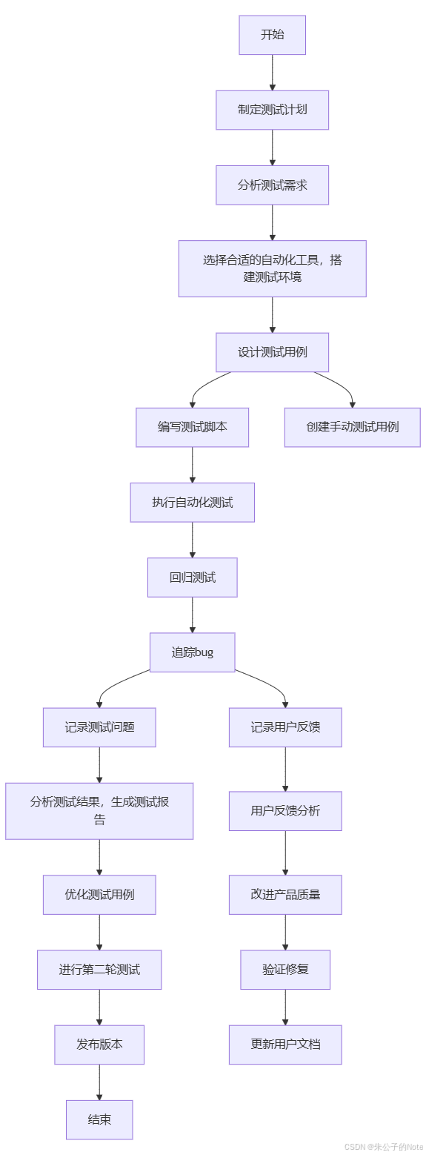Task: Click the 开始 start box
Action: tap(272, 35)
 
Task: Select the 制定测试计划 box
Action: tap(272, 110)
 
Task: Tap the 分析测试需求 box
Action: tap(272, 185)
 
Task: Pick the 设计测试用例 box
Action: tap(272, 352)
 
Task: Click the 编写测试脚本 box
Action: tap(192, 428)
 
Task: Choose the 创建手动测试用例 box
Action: tap(353, 428)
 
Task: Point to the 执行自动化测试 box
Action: tap(192, 502)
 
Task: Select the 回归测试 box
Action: tap(192, 577)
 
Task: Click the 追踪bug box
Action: tap(192, 652)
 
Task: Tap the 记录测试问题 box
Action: tap(99, 727)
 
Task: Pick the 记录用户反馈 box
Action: tap(285, 727)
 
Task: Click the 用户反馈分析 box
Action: tap(285, 811)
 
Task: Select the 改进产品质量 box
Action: tap(285, 895)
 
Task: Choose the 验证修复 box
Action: tap(285, 970)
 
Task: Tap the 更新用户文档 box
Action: tap(285, 1045)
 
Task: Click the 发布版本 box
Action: tap(99, 1045)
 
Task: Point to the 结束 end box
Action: tap(99, 1120)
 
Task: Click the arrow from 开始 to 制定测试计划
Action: tap(273, 73)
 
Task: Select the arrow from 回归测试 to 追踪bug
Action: tap(193, 615)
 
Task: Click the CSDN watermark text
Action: tap(384, 1147)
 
